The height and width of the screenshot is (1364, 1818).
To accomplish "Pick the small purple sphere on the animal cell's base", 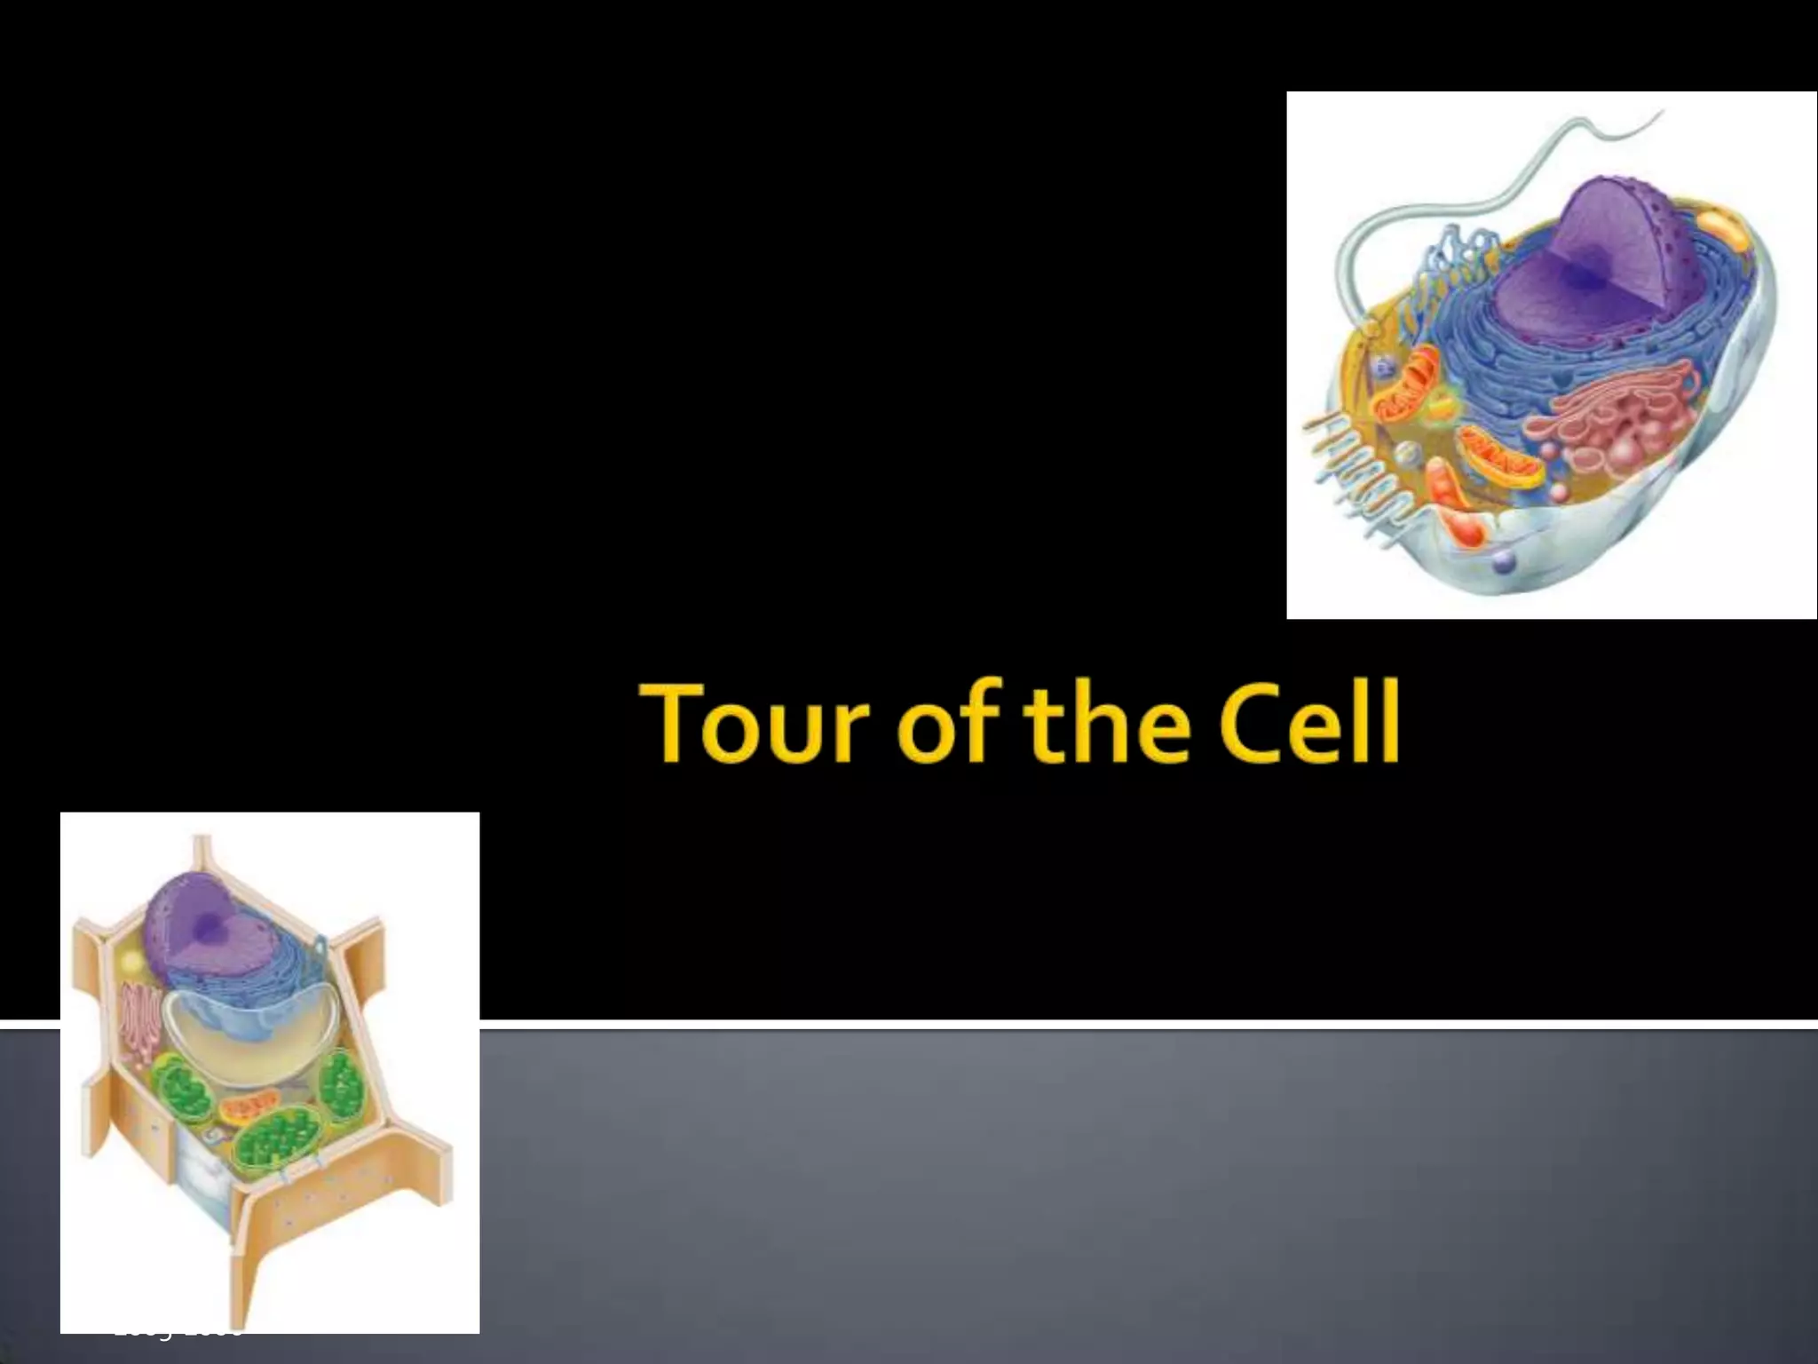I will pos(1504,561).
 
